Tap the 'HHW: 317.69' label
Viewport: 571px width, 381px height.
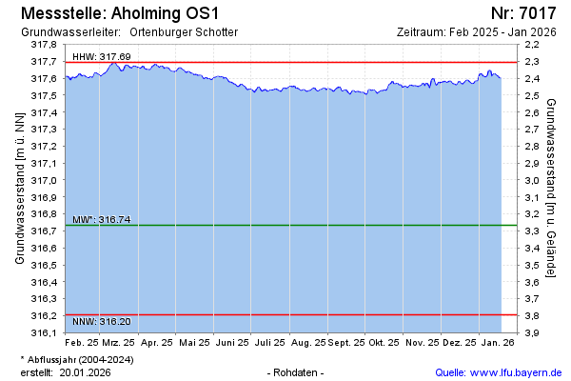(x=101, y=57)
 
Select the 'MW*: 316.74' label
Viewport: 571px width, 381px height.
(x=101, y=220)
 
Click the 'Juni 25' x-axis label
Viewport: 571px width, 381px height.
(x=230, y=341)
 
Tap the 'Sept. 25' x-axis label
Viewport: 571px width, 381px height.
(x=348, y=341)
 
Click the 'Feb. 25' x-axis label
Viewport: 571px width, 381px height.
(x=82, y=341)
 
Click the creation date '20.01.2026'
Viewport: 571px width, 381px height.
(x=85, y=372)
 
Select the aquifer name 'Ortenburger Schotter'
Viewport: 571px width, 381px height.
(x=184, y=31)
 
